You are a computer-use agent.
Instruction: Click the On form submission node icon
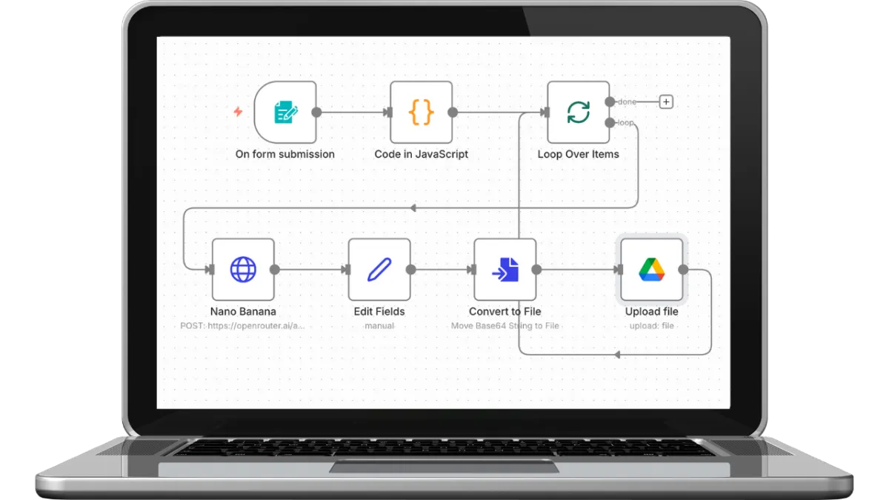[x=285, y=113]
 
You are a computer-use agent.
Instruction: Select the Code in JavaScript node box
[x=422, y=113]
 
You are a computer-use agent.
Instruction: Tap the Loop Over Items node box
[x=579, y=113]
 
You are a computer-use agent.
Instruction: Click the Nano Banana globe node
[x=243, y=270]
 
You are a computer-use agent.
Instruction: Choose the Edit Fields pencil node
[x=379, y=270]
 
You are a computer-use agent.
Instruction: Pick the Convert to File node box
[x=505, y=270]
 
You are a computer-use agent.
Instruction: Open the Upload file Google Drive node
[x=652, y=270]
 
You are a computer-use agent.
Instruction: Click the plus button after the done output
[x=666, y=102]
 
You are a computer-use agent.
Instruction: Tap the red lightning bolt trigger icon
[x=238, y=112]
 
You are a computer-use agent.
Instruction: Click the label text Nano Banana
[x=243, y=312]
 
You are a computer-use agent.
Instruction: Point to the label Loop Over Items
[x=578, y=155]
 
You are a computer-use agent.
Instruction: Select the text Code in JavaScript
[x=421, y=155]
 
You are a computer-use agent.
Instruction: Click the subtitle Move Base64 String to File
[x=505, y=326]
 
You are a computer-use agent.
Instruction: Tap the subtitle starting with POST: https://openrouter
[x=243, y=326]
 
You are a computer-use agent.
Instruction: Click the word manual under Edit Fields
[x=379, y=326]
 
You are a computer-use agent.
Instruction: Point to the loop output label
[x=626, y=123]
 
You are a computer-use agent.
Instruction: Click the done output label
[x=627, y=102]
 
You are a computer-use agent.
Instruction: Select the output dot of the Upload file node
[x=683, y=270]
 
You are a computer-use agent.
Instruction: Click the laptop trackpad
[x=444, y=467]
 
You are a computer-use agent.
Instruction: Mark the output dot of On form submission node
[x=316, y=113]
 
